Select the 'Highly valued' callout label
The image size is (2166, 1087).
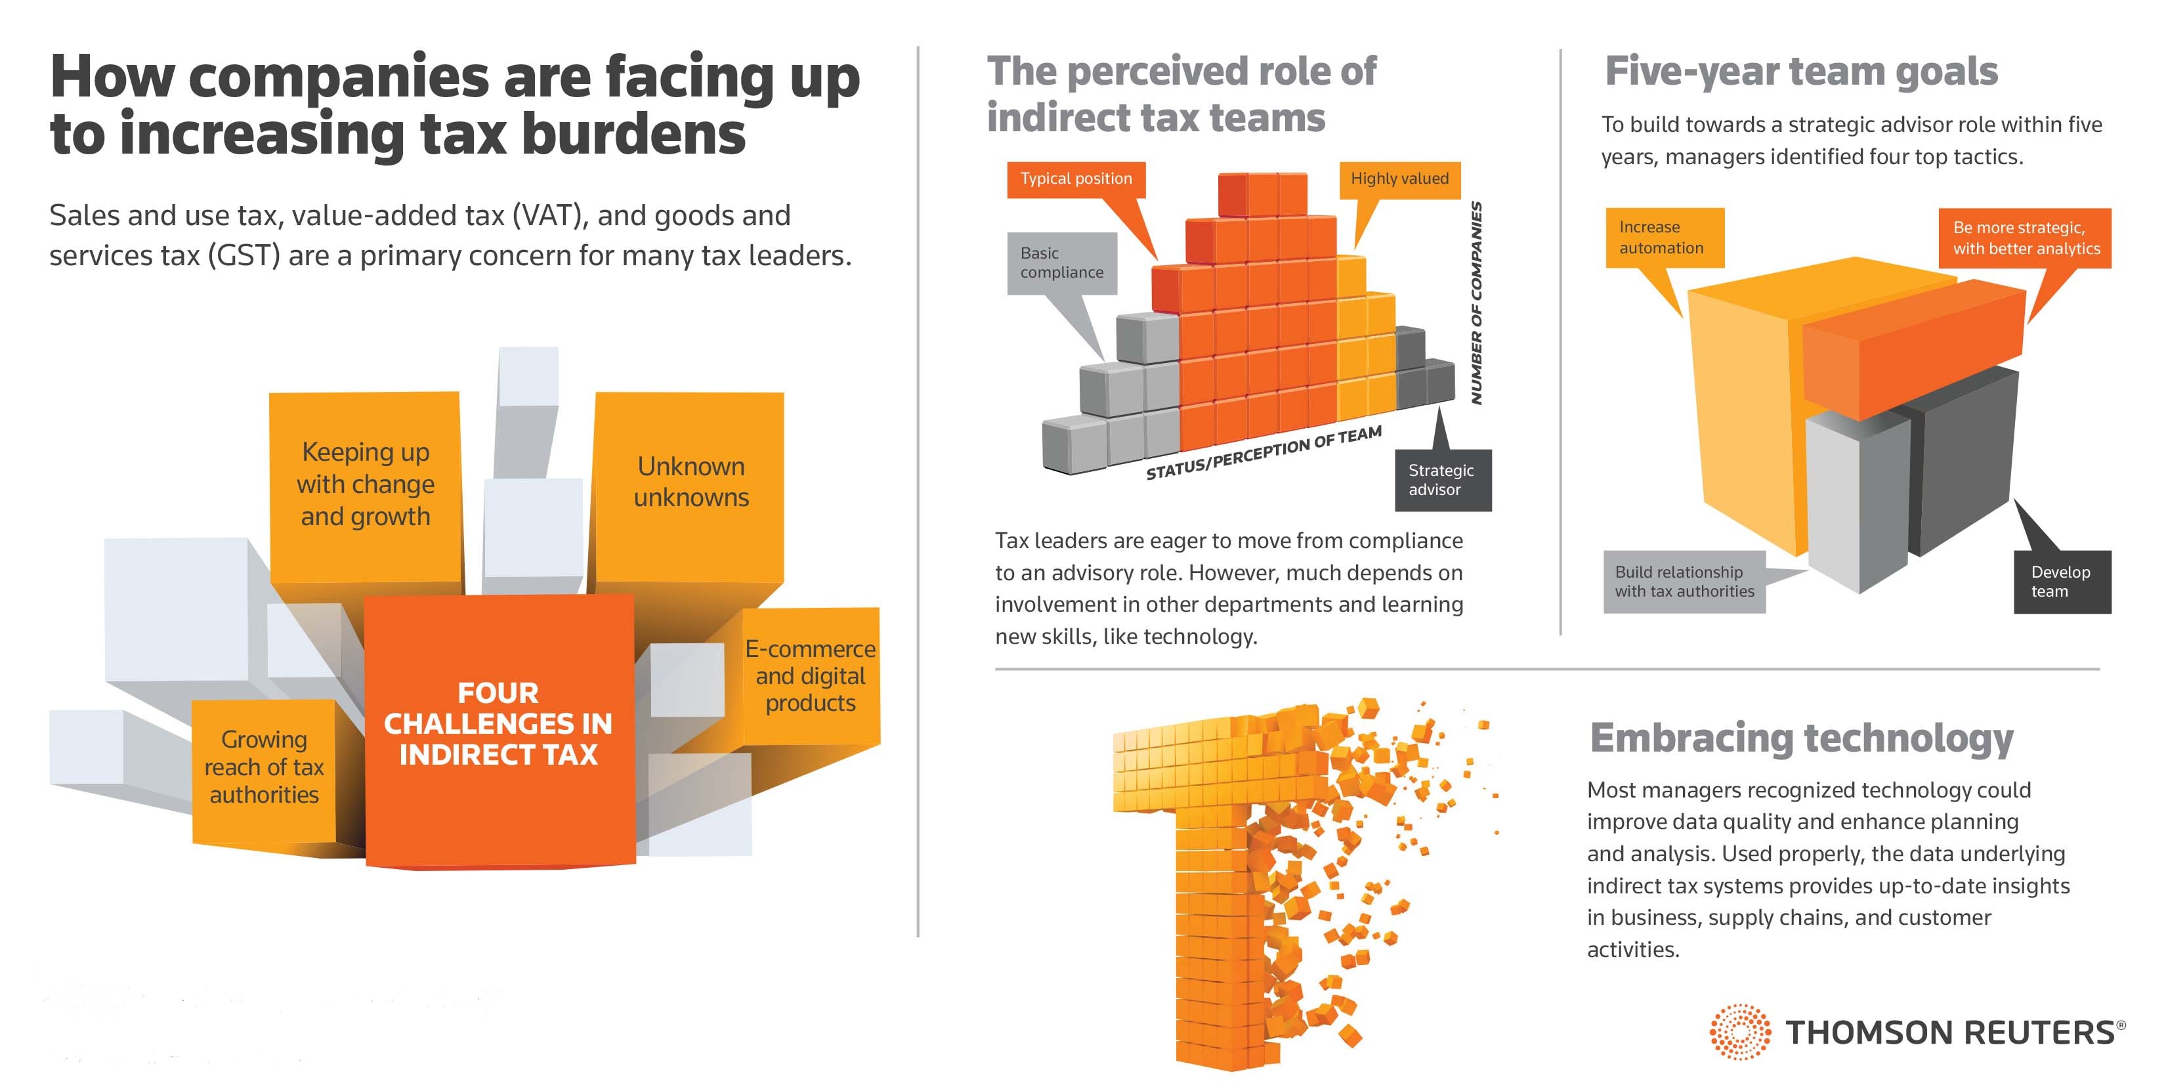1399,179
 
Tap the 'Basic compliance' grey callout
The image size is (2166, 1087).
1061,263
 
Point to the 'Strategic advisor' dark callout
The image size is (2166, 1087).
1441,480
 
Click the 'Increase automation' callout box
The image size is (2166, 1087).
1663,238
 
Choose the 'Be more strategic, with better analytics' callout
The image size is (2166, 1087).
2025,238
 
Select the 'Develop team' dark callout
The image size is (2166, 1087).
2061,582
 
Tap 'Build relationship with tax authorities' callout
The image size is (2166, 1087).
1684,582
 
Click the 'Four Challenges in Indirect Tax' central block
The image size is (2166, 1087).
499,725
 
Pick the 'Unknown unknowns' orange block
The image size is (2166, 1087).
690,482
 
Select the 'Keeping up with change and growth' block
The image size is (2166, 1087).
366,484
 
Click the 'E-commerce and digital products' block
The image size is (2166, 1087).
811,676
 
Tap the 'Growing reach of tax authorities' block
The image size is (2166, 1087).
264,767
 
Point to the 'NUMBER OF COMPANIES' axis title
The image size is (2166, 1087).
1477,303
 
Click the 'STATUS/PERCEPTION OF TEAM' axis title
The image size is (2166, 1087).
1263,453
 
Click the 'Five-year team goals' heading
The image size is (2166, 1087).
1801,72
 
